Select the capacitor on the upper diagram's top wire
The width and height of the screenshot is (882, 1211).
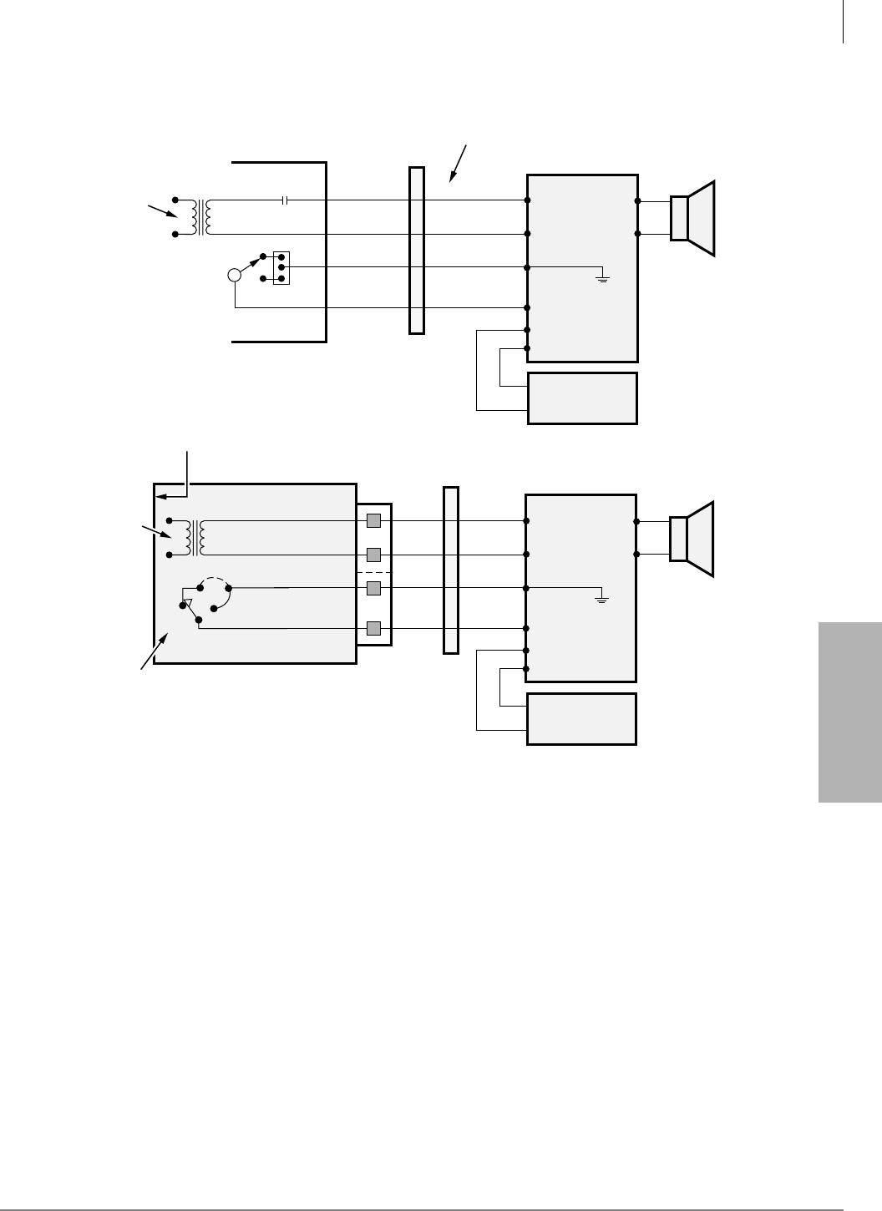coord(286,200)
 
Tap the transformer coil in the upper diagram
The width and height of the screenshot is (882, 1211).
coord(200,217)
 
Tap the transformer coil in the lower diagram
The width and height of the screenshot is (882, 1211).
coord(200,538)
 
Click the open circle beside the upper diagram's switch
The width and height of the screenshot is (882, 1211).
coord(236,275)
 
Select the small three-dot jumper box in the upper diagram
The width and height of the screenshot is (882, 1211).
coord(281,267)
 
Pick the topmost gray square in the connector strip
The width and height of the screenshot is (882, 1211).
coord(373,521)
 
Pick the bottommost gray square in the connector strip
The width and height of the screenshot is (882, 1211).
coord(373,628)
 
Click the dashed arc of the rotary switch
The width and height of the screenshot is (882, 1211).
coord(215,581)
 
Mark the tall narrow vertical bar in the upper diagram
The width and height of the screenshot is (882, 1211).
coord(417,251)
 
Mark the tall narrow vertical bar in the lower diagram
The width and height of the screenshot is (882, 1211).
coord(451,570)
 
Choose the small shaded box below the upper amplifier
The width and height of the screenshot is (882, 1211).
coord(582,398)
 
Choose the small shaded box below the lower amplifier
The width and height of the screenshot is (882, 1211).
coord(582,718)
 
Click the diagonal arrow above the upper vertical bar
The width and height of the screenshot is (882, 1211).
coord(458,163)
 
